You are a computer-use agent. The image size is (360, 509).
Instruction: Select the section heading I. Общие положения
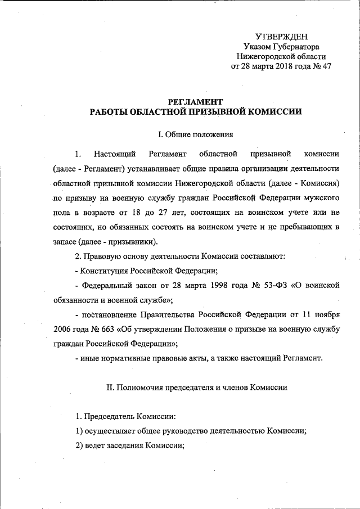pos(193,134)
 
